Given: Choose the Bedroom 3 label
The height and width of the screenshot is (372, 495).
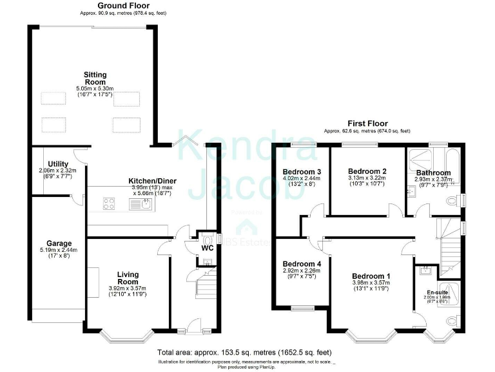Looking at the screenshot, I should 298,171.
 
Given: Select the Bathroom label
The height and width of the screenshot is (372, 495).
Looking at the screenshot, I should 433,172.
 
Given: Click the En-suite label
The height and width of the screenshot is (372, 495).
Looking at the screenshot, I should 436,293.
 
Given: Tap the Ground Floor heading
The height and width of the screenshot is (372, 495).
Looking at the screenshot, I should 123,6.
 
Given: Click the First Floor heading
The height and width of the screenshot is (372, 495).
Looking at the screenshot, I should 367,123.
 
